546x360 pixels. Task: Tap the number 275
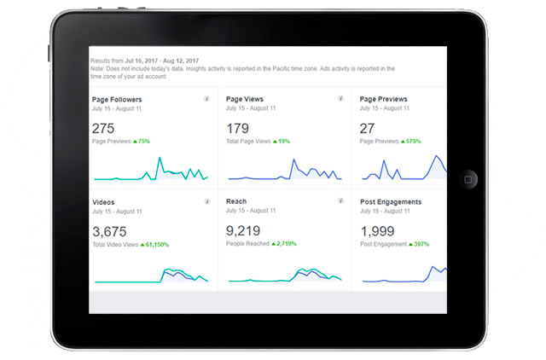[103, 127]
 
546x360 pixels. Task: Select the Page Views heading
[244, 99]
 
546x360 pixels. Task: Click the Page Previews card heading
[384, 99]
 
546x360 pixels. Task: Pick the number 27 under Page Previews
[368, 127]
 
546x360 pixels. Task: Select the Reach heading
[236, 201]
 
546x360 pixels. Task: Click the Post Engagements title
[391, 202]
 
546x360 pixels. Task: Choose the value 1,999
[377, 231]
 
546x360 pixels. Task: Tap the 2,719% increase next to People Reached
[283, 245]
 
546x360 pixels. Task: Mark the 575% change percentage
[415, 141]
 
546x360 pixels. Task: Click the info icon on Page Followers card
[206, 100]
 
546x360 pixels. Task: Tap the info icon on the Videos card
[206, 202]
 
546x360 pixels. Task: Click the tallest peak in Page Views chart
[293, 160]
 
